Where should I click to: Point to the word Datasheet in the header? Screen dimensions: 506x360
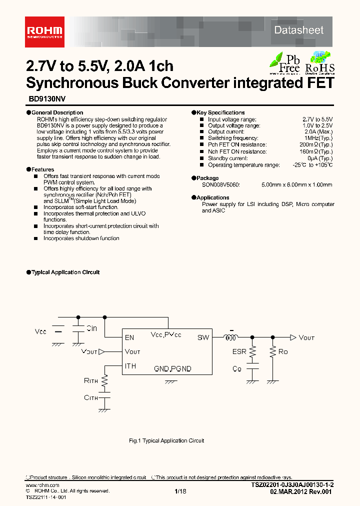[x=298, y=30]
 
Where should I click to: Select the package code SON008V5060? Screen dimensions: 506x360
[x=220, y=184]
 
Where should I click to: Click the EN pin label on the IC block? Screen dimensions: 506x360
[x=129, y=338]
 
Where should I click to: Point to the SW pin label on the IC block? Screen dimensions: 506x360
[x=203, y=338]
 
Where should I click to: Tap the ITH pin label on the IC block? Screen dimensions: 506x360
[x=130, y=366]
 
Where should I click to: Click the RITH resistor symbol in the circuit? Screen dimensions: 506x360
[x=105, y=381]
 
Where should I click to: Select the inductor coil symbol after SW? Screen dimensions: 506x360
[x=231, y=338]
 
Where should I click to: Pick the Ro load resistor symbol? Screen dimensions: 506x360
[x=272, y=352]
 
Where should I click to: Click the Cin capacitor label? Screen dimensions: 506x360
[x=91, y=328]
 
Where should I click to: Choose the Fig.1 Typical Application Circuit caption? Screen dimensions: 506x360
[x=166, y=440]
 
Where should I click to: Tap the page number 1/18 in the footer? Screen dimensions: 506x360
[x=180, y=491]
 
